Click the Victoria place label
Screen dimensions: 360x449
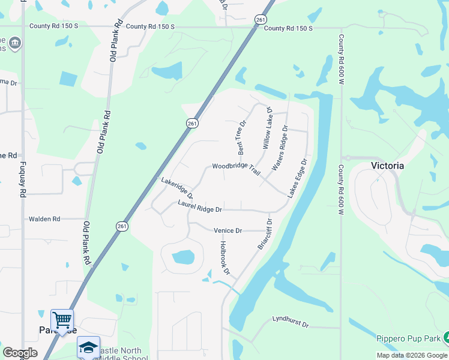click(x=387, y=165)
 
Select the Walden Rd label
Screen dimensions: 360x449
click(x=44, y=220)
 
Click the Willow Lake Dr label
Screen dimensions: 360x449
click(x=267, y=128)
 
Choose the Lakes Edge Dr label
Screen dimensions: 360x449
click(x=297, y=178)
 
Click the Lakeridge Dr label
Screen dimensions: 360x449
click(x=177, y=188)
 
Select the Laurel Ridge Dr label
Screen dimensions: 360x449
click(x=200, y=206)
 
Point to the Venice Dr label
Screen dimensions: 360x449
click(x=228, y=230)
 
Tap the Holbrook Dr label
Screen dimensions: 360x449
click(x=224, y=258)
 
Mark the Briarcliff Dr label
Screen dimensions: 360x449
click(x=264, y=234)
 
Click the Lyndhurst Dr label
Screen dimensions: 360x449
click(x=290, y=322)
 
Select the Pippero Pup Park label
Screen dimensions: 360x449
click(x=408, y=338)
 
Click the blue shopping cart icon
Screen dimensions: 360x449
click(x=62, y=320)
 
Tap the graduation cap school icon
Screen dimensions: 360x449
click(x=88, y=347)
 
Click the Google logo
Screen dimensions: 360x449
click(x=20, y=353)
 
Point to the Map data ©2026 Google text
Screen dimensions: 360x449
click(x=412, y=355)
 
